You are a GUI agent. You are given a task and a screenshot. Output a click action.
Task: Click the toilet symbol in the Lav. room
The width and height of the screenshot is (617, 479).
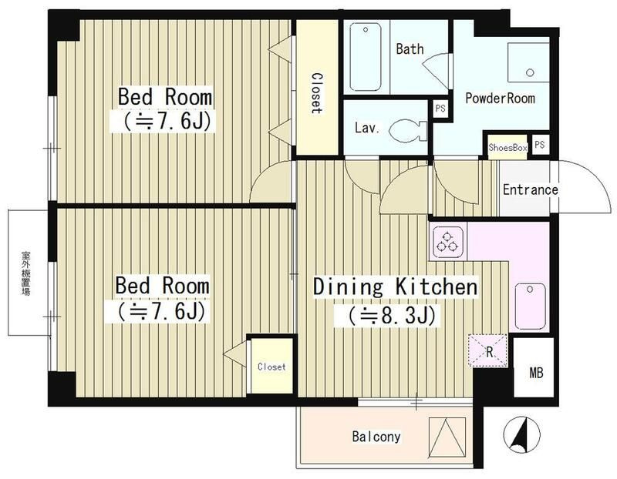408,130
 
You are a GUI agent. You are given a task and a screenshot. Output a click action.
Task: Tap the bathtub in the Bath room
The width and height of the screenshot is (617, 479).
366,56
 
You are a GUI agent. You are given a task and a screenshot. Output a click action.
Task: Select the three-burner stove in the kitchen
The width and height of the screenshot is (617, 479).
447,241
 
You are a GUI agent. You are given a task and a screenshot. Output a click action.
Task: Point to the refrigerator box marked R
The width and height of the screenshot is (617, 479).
488,350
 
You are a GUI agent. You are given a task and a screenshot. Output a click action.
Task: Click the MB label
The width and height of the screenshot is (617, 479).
536,372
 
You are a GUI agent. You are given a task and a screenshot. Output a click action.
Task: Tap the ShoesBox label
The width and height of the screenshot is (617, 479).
507,148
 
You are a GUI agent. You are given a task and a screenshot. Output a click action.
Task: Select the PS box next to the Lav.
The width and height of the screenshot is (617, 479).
440,109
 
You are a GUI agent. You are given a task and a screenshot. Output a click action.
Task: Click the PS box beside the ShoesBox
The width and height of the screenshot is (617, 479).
539,145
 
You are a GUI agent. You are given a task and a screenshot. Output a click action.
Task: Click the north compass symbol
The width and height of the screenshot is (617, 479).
522,434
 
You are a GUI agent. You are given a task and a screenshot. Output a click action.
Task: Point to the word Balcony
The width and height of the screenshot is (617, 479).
376,437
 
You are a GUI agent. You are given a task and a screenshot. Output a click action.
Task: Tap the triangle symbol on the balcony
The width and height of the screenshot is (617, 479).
447,437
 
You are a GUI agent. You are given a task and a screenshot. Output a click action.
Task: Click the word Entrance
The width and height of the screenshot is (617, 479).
531,189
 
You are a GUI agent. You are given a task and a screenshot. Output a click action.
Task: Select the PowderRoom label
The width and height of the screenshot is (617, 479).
500,98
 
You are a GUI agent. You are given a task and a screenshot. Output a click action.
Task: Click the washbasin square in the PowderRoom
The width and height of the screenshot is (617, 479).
528,62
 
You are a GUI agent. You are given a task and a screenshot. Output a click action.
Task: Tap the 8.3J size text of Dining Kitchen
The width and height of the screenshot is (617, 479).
385,315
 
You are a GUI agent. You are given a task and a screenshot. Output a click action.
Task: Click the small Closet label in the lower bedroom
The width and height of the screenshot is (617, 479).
271,367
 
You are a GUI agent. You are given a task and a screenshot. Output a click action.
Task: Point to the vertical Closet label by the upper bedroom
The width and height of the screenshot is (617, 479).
317,93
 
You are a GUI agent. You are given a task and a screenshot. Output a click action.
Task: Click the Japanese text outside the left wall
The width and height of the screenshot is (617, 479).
26,273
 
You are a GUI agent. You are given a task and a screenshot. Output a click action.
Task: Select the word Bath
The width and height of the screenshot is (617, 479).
410,49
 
